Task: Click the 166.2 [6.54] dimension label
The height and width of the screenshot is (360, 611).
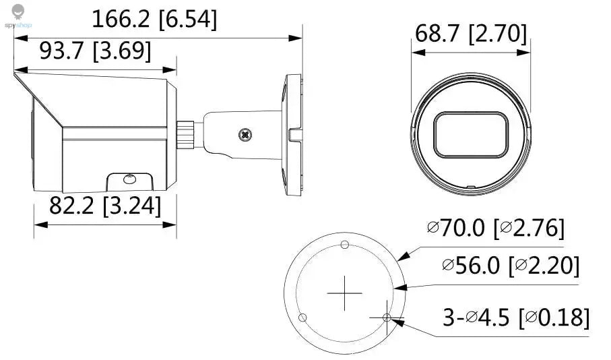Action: (154, 19)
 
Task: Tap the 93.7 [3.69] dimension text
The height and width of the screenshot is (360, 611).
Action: (95, 51)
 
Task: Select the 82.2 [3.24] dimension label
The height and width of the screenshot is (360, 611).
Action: (105, 206)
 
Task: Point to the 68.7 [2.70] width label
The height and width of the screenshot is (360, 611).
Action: (471, 34)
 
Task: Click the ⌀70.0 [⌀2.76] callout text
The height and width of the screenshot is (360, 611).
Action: (496, 227)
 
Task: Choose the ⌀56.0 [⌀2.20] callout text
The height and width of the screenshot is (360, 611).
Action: (511, 266)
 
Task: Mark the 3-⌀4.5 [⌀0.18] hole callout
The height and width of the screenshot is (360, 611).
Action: (516, 317)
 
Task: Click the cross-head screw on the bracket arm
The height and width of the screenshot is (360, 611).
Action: (245, 136)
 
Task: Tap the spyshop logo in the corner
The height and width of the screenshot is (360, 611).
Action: (18, 17)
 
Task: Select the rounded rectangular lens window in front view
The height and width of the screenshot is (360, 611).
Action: (471, 135)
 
